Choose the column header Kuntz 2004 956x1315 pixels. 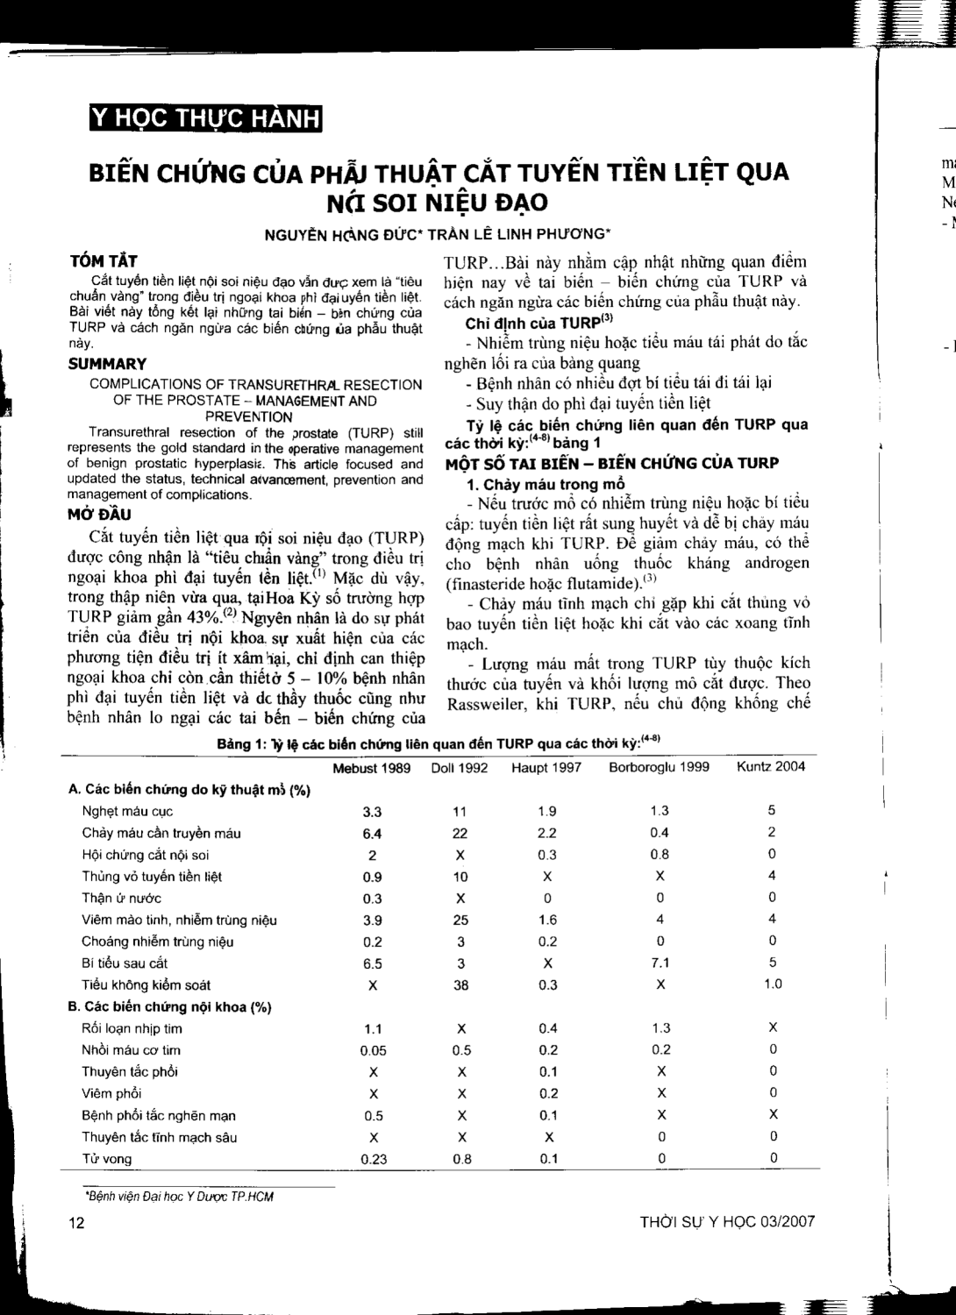[x=772, y=766]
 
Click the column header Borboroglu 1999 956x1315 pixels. [x=660, y=767]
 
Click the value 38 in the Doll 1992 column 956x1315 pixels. [x=460, y=984]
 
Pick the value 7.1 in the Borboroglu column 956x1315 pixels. [x=660, y=963]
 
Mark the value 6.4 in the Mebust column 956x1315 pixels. [x=372, y=833]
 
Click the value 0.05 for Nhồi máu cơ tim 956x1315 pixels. [x=373, y=1050]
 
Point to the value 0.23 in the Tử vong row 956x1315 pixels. [x=373, y=1159]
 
